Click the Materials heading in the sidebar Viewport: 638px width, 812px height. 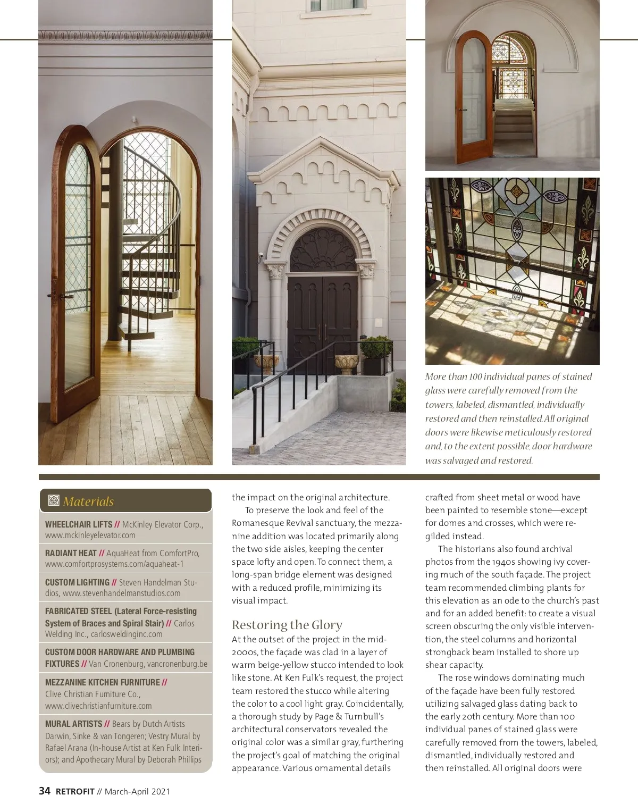point(88,501)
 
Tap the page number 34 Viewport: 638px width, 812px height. point(45,791)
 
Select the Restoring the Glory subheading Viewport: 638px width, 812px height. point(287,625)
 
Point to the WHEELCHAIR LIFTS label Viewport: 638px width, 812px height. point(79,524)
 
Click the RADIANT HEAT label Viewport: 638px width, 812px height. point(71,553)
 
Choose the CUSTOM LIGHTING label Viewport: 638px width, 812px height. point(77,582)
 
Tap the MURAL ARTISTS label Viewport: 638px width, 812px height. point(73,724)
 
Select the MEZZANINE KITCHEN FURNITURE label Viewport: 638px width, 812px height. point(102,682)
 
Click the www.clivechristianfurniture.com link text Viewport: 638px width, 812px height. point(98,706)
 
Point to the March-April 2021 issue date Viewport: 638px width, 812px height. point(137,791)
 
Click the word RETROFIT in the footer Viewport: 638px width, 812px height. point(75,791)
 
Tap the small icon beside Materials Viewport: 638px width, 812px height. point(53,501)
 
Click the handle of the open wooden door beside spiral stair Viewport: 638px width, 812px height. point(53,296)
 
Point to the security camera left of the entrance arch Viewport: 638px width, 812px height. point(262,256)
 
